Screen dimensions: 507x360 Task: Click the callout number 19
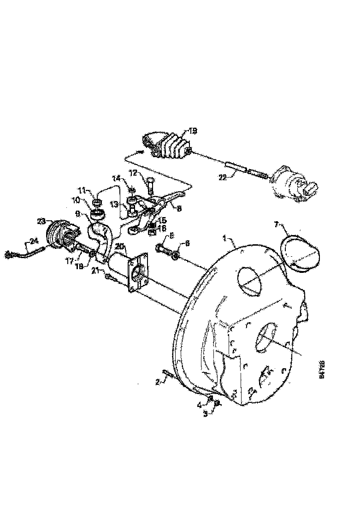pos(193,131)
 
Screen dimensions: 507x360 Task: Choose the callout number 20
pos(119,246)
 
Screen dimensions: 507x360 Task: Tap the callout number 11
pos(82,189)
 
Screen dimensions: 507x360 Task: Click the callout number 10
pos(75,200)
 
